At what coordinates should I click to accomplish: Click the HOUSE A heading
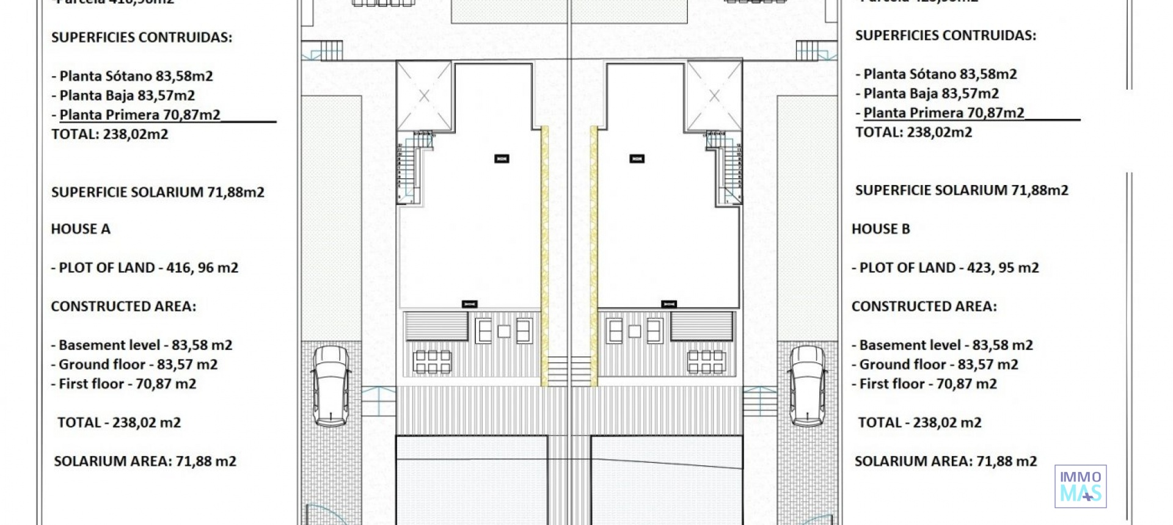pos(81,229)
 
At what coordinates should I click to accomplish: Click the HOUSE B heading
pos(880,229)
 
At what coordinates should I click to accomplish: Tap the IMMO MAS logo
pos(1080,486)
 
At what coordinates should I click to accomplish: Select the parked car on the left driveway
pos(331,386)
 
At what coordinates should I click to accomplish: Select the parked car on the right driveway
pos(808,386)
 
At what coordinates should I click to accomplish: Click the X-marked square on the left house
pos(424,96)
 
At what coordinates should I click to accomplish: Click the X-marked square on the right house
pos(714,96)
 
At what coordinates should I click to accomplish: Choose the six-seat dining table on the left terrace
pos(433,361)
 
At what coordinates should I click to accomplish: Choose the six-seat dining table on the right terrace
pos(706,361)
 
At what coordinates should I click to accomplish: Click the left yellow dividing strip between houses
pos(544,256)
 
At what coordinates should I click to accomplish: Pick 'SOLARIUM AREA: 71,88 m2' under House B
pos(945,462)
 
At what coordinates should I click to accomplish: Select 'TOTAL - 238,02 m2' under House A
pos(119,422)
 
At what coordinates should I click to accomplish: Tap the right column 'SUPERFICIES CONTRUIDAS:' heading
pos(945,35)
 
